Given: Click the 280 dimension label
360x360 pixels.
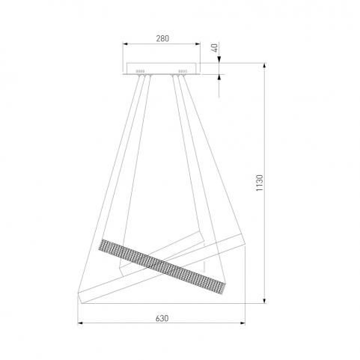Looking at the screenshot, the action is (x=162, y=39).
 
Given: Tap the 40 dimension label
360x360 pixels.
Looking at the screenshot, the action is (x=214, y=47).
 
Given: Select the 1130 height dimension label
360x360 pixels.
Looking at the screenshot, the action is (x=260, y=183).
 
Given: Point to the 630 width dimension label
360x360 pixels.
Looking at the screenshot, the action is (x=162, y=318).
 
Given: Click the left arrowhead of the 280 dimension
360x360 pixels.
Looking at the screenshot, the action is (x=125, y=44).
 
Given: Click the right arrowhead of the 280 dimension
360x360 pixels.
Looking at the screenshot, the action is (x=198, y=44).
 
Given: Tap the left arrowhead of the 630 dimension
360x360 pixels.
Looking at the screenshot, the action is (x=80, y=323).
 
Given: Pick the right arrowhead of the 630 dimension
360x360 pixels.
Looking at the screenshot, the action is (x=242, y=323).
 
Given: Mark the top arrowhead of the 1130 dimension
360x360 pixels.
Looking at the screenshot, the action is (x=264, y=65).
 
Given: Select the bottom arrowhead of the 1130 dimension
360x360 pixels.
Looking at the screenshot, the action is (x=264, y=301).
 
